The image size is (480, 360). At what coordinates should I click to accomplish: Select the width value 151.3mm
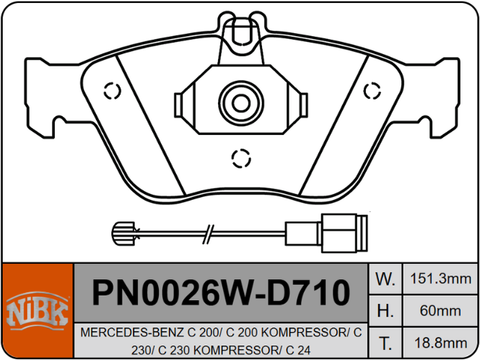pyautogui.click(x=440, y=278)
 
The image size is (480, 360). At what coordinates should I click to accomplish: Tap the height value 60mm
pyautogui.click(x=440, y=311)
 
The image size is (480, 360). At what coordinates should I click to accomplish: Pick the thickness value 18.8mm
pyautogui.click(x=440, y=343)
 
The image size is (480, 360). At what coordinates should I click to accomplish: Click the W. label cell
pyautogui.click(x=386, y=278)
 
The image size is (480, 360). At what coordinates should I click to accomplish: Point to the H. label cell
pyautogui.click(x=386, y=311)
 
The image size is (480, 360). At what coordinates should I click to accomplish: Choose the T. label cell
pyautogui.click(x=386, y=343)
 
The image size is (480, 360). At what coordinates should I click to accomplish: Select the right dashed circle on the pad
pyautogui.click(x=372, y=90)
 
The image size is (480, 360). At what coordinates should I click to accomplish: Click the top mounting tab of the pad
pyautogui.click(x=240, y=32)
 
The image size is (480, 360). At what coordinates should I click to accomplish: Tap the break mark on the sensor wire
pyautogui.click(x=206, y=232)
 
